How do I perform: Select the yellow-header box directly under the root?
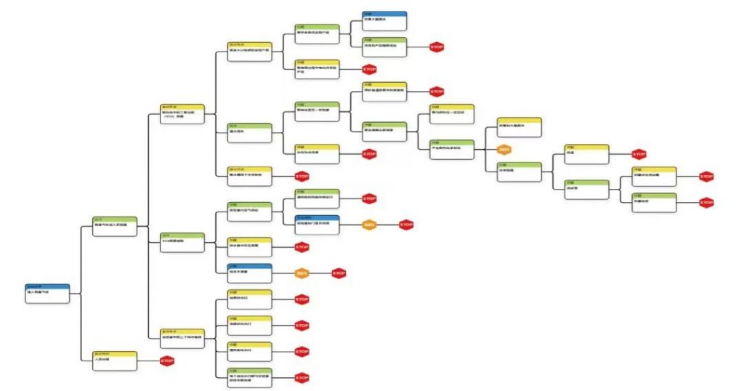pyautogui.click(x=116, y=360)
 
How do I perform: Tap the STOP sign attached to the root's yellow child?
pyautogui.click(x=167, y=360)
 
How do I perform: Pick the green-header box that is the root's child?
pyautogui.click(x=116, y=225)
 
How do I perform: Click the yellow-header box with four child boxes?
pyautogui.click(x=182, y=336)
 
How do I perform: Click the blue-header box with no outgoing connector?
pyautogui.click(x=384, y=18)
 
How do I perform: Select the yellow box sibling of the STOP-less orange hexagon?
pyautogui.click(x=519, y=125)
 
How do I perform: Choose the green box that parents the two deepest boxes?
pyautogui.click(x=587, y=188)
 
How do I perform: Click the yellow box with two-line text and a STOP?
pyautogui.click(x=317, y=69)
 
